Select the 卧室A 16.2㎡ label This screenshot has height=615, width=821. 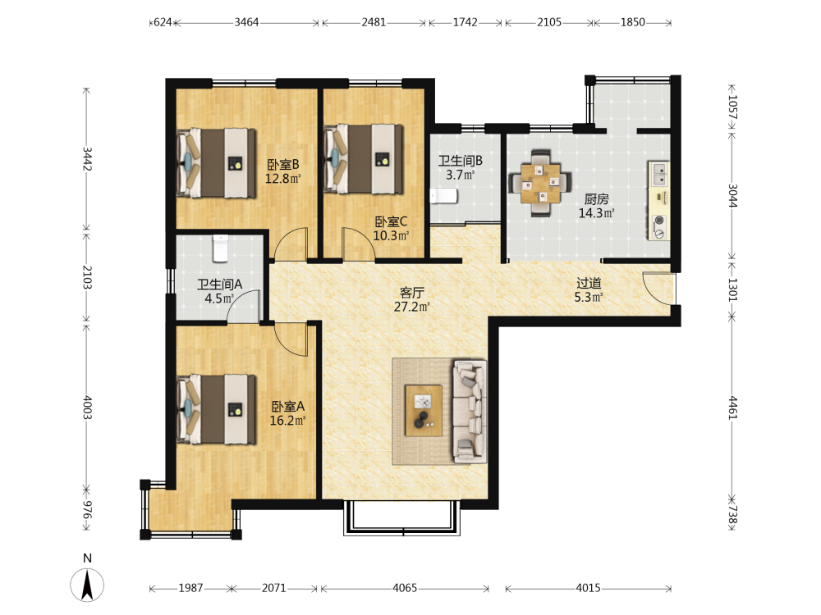(x=287, y=413)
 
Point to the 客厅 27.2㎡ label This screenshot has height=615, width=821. (x=411, y=299)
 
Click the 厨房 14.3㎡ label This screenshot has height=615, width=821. (x=596, y=206)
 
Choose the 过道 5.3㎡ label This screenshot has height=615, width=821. (x=589, y=290)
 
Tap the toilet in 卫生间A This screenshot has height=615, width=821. (x=220, y=248)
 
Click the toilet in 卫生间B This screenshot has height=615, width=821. (x=444, y=197)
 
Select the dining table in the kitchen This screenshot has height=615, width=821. (x=540, y=183)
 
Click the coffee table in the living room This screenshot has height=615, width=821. (x=423, y=411)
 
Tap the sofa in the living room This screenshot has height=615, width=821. (x=470, y=411)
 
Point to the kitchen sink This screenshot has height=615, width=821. (x=659, y=175)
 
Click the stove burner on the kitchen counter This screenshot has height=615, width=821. (x=659, y=220)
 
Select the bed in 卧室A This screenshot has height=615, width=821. (x=216, y=409)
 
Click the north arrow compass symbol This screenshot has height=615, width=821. (x=87, y=585)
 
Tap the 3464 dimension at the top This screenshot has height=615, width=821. (x=246, y=22)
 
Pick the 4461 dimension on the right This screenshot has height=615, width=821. (x=733, y=408)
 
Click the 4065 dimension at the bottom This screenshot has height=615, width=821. (x=405, y=588)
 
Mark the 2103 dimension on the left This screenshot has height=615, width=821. (x=87, y=277)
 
